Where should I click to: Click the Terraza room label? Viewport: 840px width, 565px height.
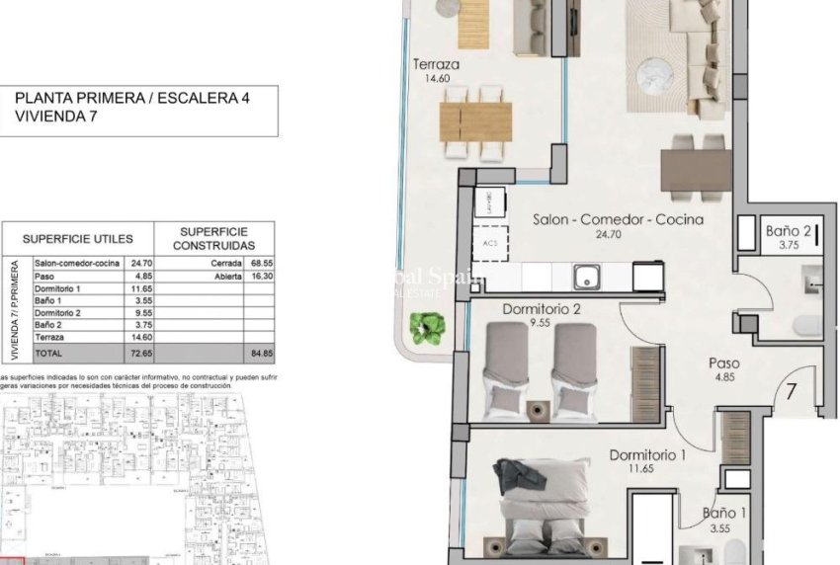click(x=436, y=66)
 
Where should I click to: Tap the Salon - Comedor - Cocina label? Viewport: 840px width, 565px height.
click(x=618, y=219)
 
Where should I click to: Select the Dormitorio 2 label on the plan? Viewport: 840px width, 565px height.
click(x=541, y=309)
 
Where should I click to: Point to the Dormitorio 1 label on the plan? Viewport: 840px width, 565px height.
click(x=647, y=455)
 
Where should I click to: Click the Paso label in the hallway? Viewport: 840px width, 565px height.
click(x=723, y=363)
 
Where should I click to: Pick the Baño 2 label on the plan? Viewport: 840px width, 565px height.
click(x=789, y=231)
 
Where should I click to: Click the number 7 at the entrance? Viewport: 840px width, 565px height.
click(x=791, y=388)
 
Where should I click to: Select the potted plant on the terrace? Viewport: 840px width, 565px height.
click(x=427, y=328)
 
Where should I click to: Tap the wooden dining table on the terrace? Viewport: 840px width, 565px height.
click(x=475, y=121)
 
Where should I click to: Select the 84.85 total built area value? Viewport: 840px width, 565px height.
click(x=257, y=353)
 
